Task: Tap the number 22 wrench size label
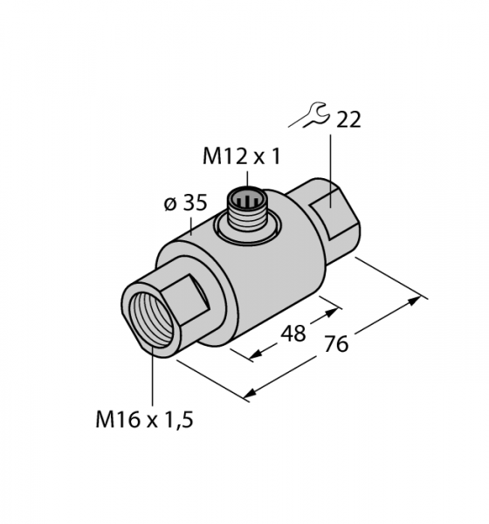click(x=348, y=120)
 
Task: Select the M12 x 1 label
click(x=241, y=156)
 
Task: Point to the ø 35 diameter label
click(x=186, y=203)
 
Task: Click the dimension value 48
click(x=293, y=334)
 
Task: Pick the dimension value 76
click(x=336, y=344)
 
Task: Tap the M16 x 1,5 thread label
click(x=144, y=420)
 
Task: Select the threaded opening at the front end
click(x=151, y=320)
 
